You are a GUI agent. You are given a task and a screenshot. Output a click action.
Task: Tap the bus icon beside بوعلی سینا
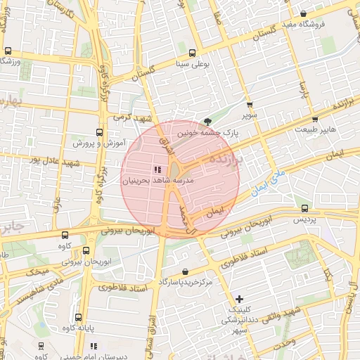click(x=192, y=52)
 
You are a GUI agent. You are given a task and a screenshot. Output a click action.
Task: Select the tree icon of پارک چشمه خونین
click(x=206, y=121)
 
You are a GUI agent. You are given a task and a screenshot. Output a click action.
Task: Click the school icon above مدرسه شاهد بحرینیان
click(x=157, y=169)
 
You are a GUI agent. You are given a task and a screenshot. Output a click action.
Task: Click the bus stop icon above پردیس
click(x=304, y=208)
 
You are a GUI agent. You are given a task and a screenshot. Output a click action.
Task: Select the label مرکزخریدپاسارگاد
click(x=186, y=282)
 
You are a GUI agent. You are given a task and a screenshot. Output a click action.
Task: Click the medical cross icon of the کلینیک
click(x=240, y=299)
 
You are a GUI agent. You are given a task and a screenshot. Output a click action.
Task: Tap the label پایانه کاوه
click(x=77, y=328)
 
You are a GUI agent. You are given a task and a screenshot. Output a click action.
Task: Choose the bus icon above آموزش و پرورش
click(x=98, y=131)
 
